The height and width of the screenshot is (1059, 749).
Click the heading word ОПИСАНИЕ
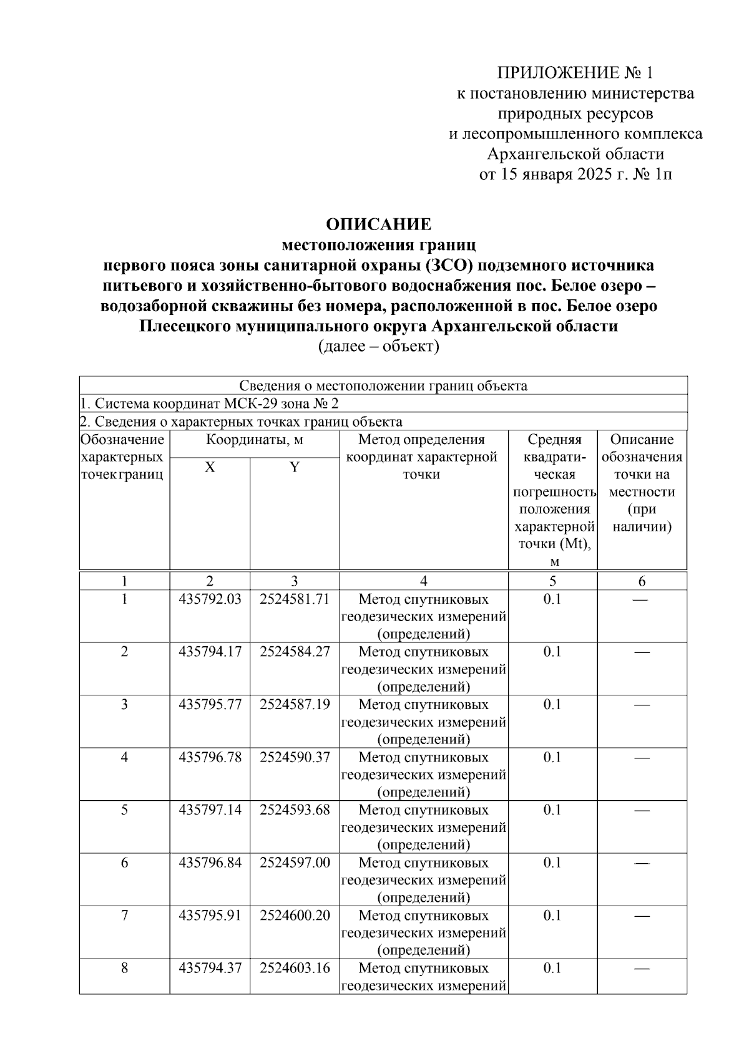379,224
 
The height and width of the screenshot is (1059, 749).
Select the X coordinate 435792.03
210,599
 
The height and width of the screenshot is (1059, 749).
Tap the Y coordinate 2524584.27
295,652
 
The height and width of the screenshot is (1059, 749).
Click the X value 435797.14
210,810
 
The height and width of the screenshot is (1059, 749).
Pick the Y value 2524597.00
295,863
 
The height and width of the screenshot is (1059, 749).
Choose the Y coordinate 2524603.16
295,969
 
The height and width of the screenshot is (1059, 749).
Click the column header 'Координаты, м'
255,440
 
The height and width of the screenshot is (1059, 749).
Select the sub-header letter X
210,467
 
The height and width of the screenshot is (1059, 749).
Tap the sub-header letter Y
295,467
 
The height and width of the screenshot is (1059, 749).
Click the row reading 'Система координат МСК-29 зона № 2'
210,404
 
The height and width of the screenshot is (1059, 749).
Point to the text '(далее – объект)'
379,347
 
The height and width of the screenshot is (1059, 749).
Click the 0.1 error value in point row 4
552,758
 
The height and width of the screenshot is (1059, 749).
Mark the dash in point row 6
642,863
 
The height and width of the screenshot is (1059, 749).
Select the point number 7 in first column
125,916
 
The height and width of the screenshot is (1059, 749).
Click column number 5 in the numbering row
552,581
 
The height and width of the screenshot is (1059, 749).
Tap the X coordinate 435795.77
210,705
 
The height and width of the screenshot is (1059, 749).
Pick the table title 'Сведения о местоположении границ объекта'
383,385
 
